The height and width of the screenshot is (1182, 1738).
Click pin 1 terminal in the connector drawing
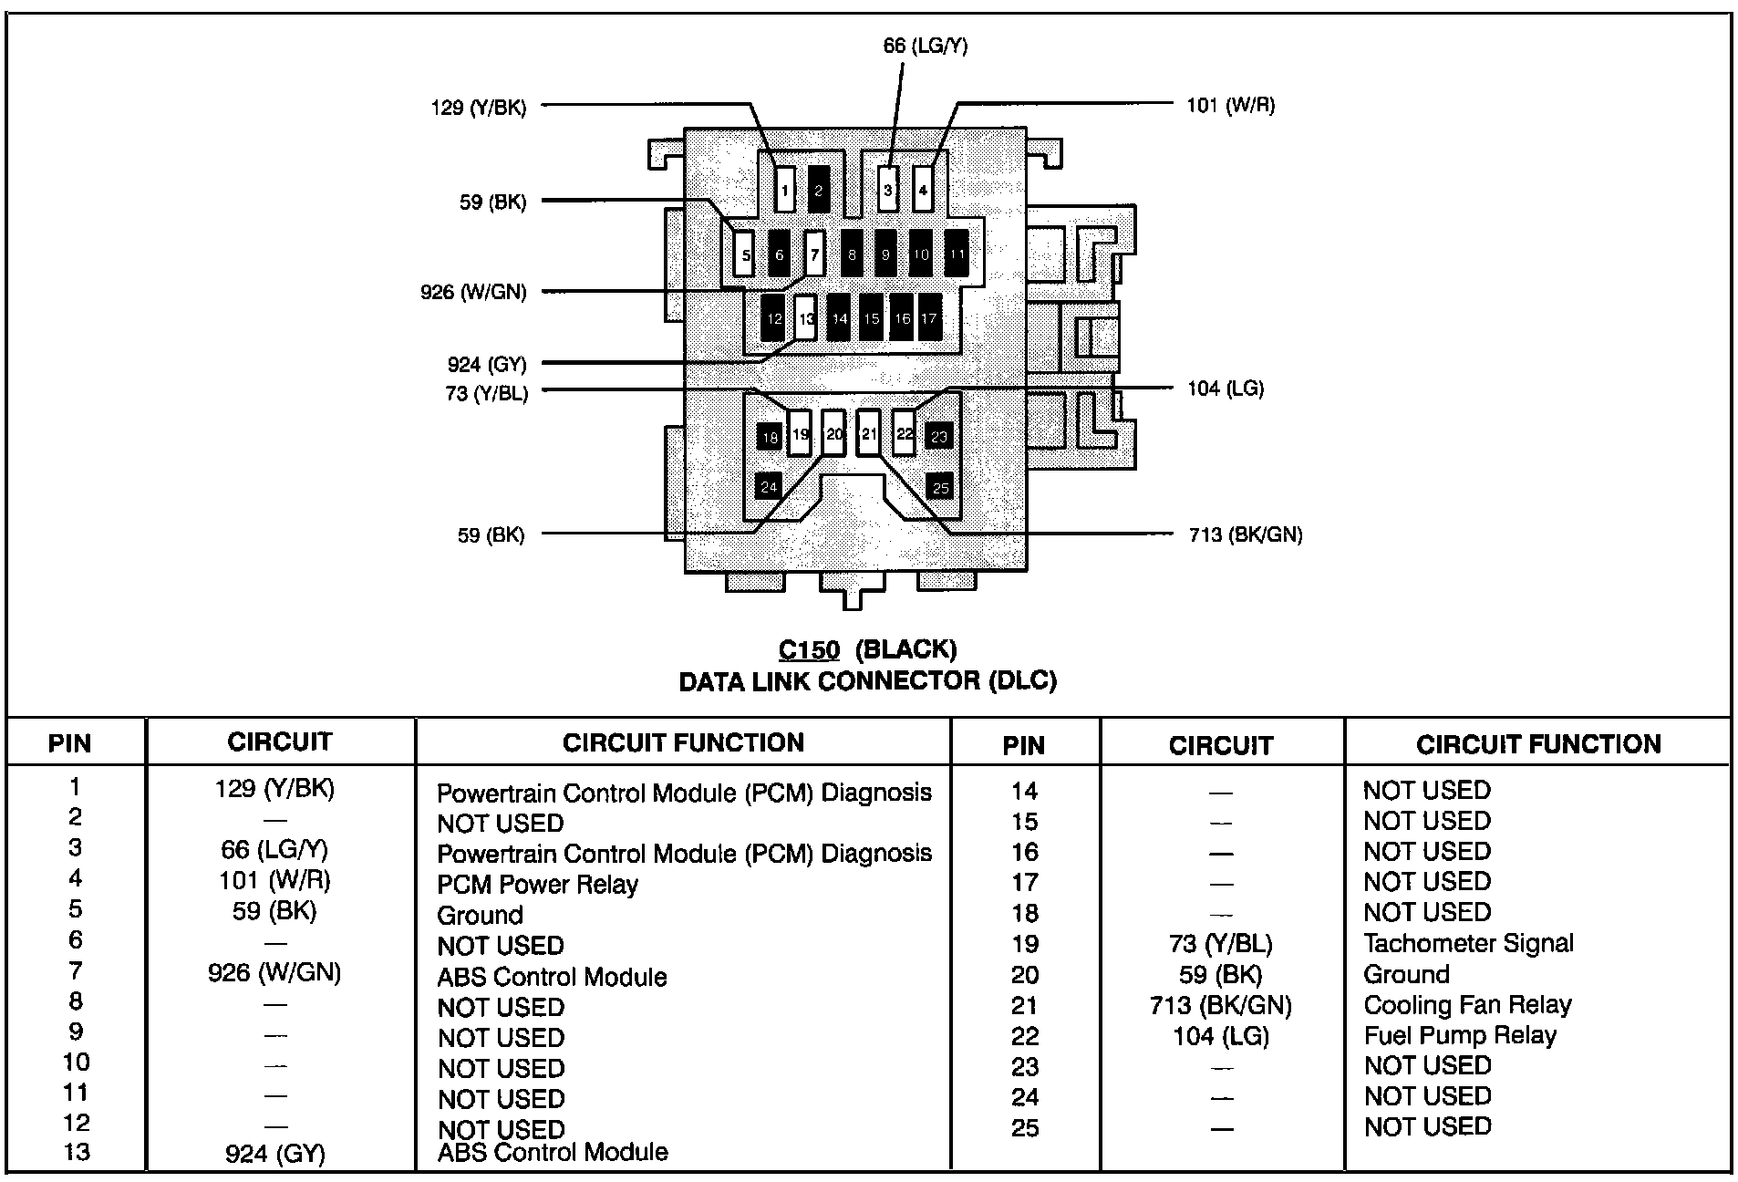785,191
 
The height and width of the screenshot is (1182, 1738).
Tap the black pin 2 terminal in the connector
818,190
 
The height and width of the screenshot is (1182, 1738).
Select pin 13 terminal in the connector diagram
805,318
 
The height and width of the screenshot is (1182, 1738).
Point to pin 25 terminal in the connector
939,487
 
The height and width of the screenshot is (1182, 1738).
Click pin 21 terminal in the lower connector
869,433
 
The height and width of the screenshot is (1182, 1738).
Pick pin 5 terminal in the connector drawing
745,254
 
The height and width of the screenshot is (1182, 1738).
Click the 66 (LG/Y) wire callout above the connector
925,45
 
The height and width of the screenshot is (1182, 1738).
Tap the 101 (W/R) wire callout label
1230,106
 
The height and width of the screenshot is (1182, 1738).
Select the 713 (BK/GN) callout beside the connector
1245,534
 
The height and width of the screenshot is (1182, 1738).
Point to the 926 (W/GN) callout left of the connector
473,292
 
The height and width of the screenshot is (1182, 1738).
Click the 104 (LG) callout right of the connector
1225,389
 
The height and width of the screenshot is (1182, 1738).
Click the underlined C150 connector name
808,649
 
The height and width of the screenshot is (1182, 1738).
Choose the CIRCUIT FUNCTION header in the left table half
683,742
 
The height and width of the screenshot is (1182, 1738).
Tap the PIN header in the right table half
1023,745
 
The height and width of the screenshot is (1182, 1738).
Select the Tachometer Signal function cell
1468,943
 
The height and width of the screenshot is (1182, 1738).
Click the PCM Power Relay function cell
537,884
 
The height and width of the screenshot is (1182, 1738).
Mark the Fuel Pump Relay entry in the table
1459,1035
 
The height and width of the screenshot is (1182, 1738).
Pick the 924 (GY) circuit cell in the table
274,1154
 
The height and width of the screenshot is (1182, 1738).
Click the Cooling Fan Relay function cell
1467,1005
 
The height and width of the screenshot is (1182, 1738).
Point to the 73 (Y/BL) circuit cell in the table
1219,944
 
